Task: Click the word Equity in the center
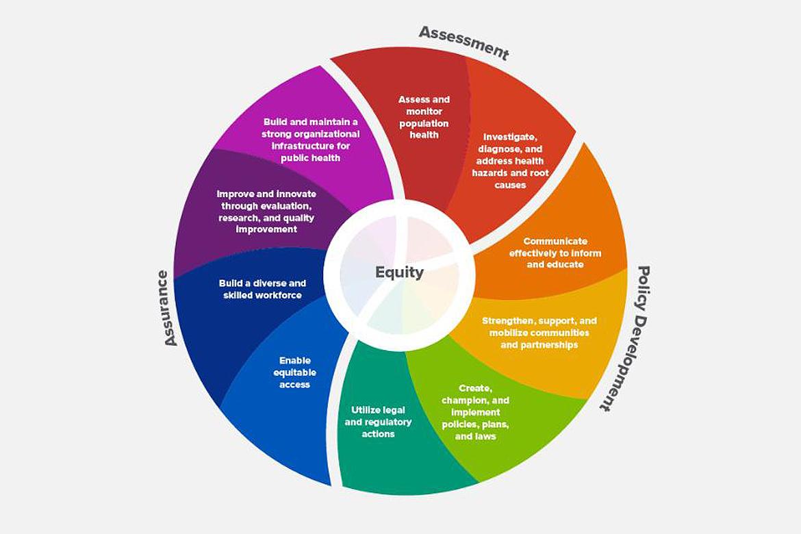coord(399,272)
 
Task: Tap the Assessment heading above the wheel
coord(464,42)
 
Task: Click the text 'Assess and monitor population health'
coord(424,117)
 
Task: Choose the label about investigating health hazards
coord(509,160)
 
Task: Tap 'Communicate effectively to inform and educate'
coord(555,253)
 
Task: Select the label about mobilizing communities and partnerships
coord(539,332)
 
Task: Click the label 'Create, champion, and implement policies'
coord(475,412)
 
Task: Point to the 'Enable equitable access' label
coord(295,372)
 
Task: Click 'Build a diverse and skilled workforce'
coord(262,289)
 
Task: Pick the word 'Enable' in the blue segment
coord(295,360)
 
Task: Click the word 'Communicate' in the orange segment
coord(555,241)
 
